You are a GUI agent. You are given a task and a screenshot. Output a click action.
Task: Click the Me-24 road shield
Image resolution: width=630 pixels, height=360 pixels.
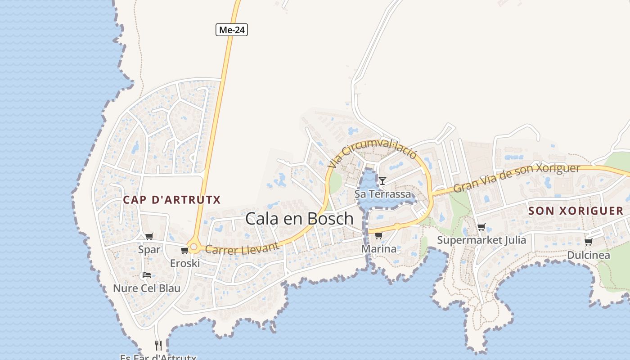232,30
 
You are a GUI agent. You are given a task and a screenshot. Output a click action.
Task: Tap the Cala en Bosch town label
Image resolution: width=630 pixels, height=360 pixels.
299,219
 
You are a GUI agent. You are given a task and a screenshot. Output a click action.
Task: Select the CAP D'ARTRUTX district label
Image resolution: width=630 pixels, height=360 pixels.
172,200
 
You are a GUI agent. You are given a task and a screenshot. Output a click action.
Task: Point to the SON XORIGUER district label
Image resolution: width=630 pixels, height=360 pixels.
576,211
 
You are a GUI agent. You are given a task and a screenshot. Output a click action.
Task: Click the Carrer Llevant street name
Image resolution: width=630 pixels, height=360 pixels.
242,248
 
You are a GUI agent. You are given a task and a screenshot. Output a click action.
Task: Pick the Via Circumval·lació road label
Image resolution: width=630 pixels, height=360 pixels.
373,153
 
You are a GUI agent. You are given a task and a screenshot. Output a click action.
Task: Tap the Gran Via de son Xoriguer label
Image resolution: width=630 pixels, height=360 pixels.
516,178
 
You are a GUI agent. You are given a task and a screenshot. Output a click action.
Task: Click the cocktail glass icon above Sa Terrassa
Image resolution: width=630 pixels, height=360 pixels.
382,181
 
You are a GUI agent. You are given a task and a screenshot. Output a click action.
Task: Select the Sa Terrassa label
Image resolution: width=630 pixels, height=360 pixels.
382,194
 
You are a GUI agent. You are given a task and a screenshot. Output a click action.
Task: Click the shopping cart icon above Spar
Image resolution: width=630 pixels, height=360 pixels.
149,237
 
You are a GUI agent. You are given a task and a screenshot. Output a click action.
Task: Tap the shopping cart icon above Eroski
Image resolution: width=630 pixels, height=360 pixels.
184,251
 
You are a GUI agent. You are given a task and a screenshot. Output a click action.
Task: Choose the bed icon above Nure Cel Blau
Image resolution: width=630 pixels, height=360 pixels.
146,275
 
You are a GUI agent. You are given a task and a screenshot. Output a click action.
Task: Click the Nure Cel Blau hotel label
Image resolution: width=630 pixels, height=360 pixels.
146,288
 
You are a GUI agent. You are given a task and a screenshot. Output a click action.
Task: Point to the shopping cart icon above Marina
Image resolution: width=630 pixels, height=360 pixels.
378,235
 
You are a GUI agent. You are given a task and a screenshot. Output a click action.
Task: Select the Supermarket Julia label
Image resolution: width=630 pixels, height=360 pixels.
481,240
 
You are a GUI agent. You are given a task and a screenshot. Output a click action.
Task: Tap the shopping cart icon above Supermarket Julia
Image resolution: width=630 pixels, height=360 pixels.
481,227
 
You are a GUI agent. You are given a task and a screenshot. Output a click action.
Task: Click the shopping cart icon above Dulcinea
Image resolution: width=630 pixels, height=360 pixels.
588,242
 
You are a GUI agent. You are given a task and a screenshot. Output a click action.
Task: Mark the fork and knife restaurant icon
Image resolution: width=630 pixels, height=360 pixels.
158,346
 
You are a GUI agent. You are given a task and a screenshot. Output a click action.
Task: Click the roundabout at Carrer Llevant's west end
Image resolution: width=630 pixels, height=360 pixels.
194,247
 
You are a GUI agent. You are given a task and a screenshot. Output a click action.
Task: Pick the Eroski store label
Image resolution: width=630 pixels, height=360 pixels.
184,263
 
